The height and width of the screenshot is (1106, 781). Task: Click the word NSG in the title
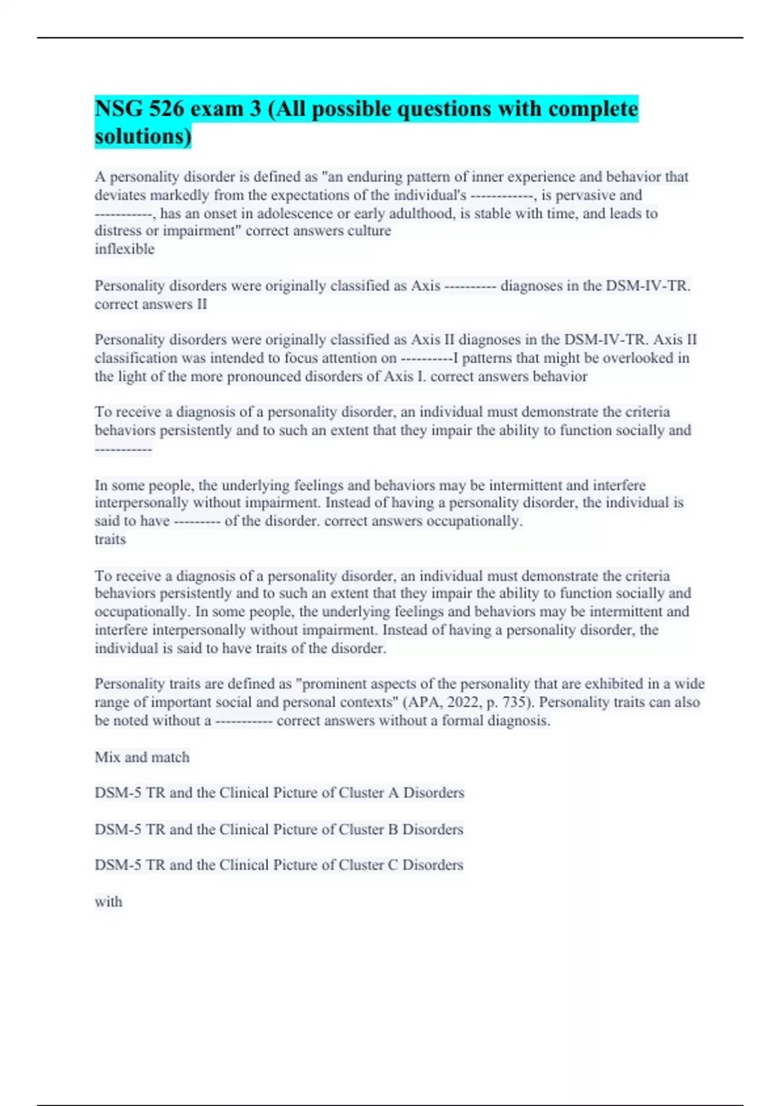pyautogui.click(x=118, y=109)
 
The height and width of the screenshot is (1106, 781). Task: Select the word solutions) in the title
pyautogui.click(x=143, y=137)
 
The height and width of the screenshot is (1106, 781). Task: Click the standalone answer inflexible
pyautogui.click(x=124, y=249)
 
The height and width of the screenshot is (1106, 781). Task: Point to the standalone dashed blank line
pyautogui.click(x=123, y=449)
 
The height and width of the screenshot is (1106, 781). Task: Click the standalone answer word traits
pyautogui.click(x=110, y=539)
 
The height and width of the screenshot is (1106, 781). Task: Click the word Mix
pyautogui.click(x=107, y=757)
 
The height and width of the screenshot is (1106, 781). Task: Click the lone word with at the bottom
pyautogui.click(x=108, y=902)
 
